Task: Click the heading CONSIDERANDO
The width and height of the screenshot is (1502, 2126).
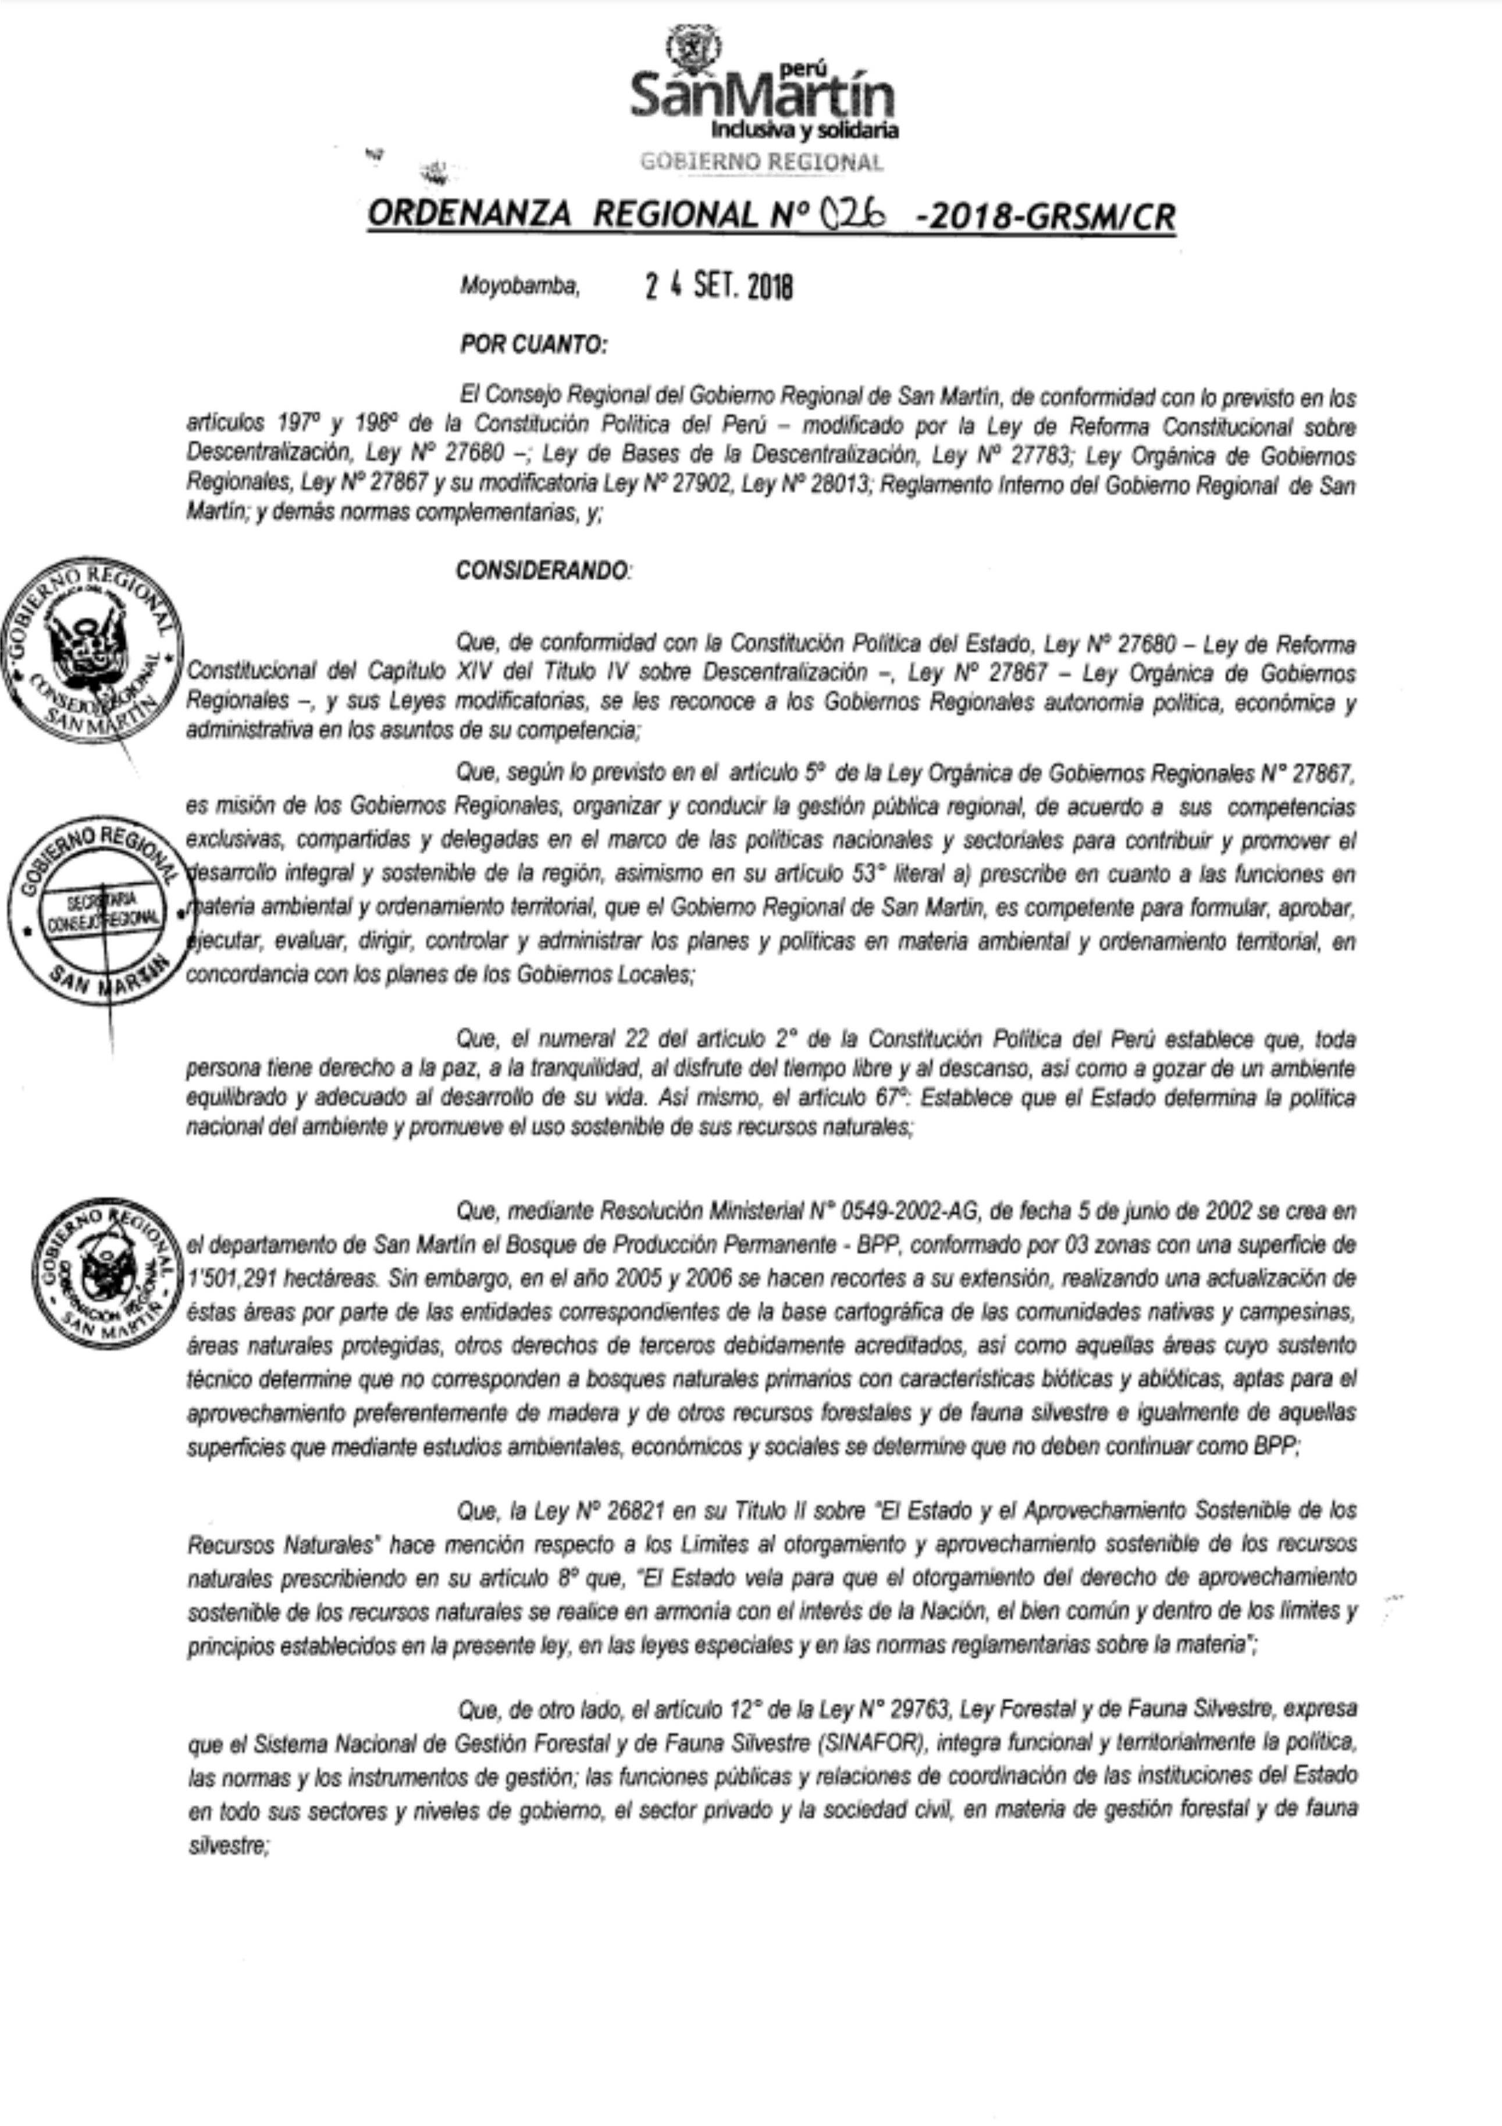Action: pos(542,570)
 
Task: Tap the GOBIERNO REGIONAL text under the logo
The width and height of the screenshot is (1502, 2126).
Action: pos(761,162)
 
